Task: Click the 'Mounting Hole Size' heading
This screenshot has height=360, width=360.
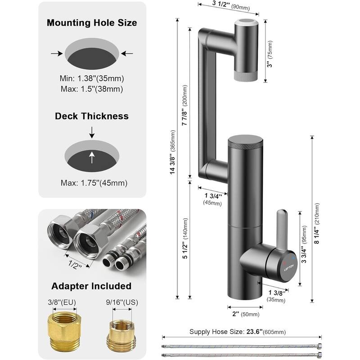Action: click(92, 22)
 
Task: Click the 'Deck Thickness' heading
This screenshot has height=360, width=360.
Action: click(92, 116)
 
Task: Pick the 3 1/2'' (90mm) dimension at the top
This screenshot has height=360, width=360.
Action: click(228, 6)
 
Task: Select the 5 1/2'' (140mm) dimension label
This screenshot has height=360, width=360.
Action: click(184, 238)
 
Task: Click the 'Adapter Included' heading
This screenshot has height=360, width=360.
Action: click(91, 286)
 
